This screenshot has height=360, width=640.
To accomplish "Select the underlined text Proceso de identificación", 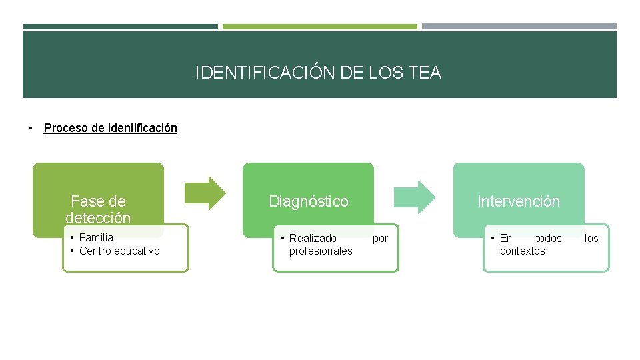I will coord(110,128).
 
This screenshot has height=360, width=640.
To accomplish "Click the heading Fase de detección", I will coord(98,209).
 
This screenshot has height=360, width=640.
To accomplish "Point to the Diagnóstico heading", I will coord(308,201).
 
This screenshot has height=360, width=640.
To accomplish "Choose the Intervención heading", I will coord(519,201).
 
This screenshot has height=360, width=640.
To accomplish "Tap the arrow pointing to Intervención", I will coord(415,197).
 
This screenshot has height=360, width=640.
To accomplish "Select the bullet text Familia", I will coord(96,237).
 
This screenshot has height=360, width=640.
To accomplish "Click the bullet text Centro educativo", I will coord(119,251).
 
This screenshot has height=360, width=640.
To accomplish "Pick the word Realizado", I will coord(313,238).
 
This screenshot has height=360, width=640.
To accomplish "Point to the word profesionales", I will coord(321,251).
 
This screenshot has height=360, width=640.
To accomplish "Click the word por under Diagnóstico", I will coord(380,238).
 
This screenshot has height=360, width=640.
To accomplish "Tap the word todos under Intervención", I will coord(549,238).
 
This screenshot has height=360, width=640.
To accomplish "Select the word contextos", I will coord(522,251).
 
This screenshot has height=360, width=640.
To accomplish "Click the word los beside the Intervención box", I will coord(591,238).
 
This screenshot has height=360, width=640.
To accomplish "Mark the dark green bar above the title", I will coord(121,27).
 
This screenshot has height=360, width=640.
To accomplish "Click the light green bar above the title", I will coord(320,27).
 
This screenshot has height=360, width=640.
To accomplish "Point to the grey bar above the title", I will coord(519,27).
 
